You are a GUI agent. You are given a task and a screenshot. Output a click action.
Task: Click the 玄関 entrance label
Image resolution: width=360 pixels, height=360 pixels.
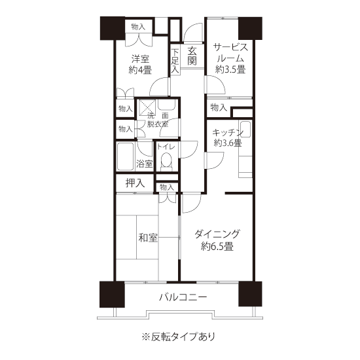point(192,56)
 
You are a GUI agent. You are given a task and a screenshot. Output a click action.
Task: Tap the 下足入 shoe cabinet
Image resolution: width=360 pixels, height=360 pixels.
point(175,60)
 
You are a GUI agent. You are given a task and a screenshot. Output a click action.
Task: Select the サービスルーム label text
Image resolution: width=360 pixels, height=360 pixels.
point(230,53)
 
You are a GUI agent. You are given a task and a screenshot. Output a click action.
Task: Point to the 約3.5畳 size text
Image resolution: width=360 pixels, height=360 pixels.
point(230,69)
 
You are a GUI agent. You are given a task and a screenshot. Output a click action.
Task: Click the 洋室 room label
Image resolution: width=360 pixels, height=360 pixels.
point(140,59)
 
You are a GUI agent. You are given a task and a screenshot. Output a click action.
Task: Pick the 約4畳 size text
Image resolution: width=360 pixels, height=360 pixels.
point(140,70)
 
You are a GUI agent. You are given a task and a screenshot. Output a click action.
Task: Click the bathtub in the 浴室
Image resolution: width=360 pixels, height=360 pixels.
point(125,156)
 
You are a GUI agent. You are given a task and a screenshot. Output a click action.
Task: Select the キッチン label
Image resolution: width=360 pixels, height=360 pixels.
point(227,133)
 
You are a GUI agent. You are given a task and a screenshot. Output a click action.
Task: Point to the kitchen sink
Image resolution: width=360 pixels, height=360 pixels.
point(245,128)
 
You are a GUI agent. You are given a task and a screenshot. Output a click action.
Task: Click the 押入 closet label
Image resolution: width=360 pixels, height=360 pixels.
point(135,183)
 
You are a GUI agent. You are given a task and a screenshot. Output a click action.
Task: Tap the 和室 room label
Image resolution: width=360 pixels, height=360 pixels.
point(148,238)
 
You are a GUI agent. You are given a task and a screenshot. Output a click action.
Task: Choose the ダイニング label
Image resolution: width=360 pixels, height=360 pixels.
point(217,234)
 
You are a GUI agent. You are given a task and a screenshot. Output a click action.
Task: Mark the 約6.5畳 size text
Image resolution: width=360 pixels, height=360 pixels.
point(217,247)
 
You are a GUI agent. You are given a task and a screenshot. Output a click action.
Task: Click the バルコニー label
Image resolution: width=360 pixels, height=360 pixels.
point(183,297)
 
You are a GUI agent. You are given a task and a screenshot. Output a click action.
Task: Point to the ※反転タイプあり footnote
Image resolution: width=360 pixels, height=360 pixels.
point(179,337)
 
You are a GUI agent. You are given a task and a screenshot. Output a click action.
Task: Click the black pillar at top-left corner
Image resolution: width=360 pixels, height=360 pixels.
point(113,28)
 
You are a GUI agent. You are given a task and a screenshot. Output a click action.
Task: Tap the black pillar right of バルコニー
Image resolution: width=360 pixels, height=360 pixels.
point(250,294)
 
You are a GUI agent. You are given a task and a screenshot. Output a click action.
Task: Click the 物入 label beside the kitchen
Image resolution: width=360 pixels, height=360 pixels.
point(219,107)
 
